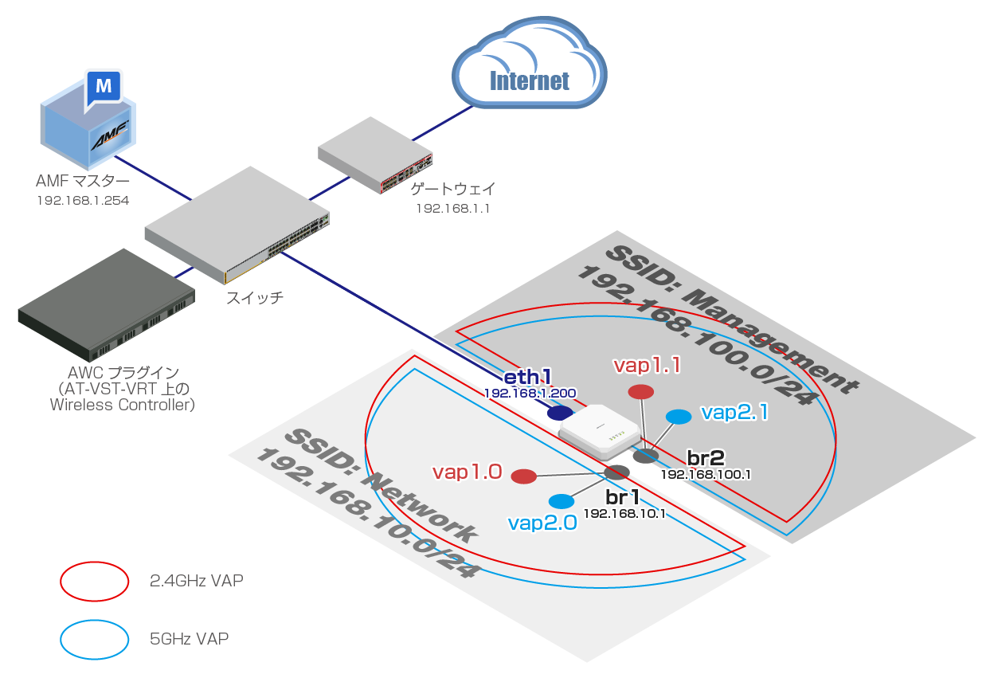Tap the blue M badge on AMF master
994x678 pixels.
click(x=103, y=84)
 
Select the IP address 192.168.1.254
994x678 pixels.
click(x=83, y=201)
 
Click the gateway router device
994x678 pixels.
click(x=375, y=155)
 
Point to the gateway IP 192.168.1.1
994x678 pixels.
click(x=452, y=208)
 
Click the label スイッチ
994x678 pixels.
click(x=255, y=299)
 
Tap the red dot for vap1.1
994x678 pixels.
click(x=640, y=392)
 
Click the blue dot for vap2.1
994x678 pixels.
click(x=679, y=417)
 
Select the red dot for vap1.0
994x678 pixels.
click(x=523, y=476)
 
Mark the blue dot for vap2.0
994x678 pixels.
click(x=562, y=501)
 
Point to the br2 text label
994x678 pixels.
click(x=706, y=457)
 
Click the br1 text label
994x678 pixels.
click(x=624, y=497)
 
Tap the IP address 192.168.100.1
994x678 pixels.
click(x=706, y=474)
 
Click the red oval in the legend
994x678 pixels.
click(x=95, y=582)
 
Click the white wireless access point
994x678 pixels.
click(x=601, y=433)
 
